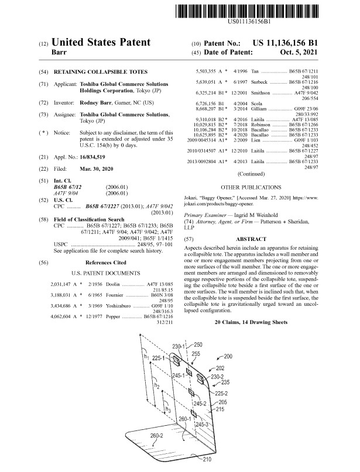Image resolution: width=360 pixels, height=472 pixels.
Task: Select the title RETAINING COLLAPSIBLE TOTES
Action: pyautogui.click(x=94, y=71)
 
